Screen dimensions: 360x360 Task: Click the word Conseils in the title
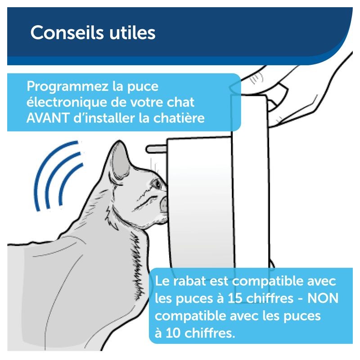tap(67, 32)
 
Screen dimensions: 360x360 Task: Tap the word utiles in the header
tap(132, 32)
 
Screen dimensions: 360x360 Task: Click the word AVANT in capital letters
tap(48, 118)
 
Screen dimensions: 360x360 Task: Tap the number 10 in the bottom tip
tap(173, 333)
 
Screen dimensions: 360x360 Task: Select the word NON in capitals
tap(323, 298)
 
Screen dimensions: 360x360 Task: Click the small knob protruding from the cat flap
tap(156, 149)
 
